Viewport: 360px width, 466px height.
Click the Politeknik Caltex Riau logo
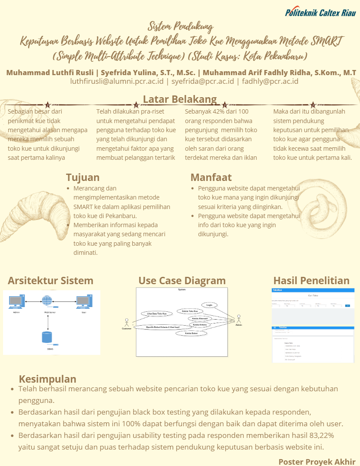point(320,13)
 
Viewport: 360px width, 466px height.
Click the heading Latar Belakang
point(180,99)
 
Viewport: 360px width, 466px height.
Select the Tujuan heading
point(83,177)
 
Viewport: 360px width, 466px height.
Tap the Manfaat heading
point(211,177)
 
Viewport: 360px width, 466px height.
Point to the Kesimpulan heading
point(48,379)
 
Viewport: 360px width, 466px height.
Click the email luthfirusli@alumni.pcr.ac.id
point(117,81)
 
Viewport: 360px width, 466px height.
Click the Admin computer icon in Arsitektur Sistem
point(16,301)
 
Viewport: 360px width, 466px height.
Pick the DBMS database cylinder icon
point(47,338)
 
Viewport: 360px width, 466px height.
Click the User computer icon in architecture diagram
point(83,301)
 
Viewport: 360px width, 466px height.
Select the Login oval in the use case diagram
point(209,305)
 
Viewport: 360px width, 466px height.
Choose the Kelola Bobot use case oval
point(191,333)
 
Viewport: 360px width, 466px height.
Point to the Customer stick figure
point(127,323)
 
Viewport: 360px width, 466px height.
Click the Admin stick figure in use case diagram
point(239,320)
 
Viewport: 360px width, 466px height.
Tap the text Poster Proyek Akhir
point(317,461)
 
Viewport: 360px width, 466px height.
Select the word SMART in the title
point(329,42)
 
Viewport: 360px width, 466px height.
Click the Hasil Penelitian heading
point(311,280)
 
